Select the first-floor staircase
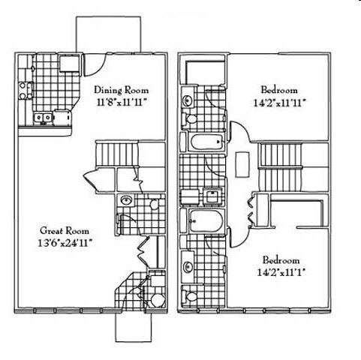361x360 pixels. pyautogui.click(x=117, y=156)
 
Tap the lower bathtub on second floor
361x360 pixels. pyautogui.click(x=203, y=220)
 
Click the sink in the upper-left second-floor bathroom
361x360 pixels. pyautogui.click(x=188, y=97)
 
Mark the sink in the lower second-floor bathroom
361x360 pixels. pyautogui.click(x=188, y=265)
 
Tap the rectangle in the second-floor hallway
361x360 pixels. pyautogui.click(x=243, y=161)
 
